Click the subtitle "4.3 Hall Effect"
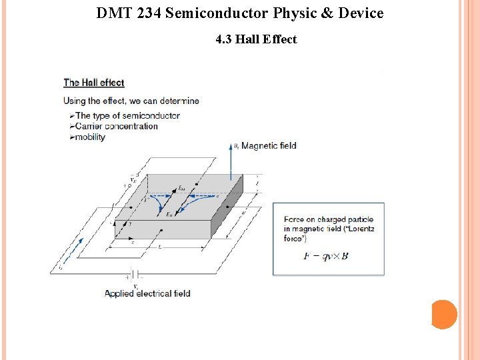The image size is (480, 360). click(256, 39)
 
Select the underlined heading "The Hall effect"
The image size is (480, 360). click(94, 83)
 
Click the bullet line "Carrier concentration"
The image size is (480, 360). click(117, 126)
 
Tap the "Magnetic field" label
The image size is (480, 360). click(269, 145)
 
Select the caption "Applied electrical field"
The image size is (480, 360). click(147, 293)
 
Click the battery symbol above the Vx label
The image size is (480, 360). click(135, 275)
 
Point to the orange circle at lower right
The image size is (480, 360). click(444, 314)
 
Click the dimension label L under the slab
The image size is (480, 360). click(159, 246)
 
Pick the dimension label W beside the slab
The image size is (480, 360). click(243, 214)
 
